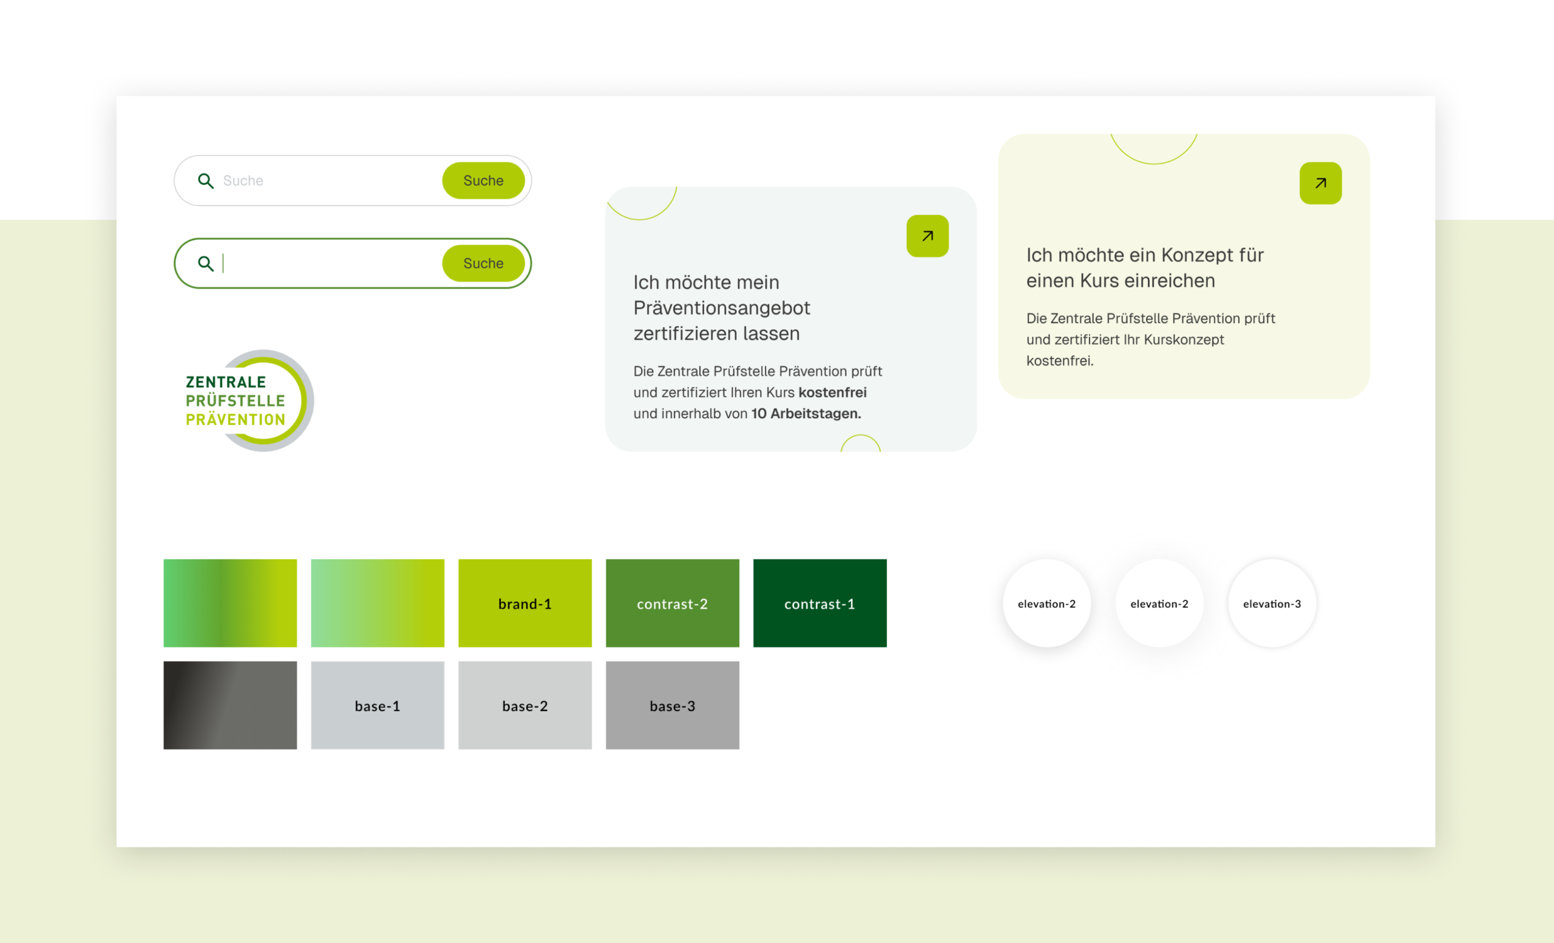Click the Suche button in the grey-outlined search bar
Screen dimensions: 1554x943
click(483, 180)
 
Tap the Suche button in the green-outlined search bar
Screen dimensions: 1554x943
click(483, 263)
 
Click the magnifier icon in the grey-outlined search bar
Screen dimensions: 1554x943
click(206, 181)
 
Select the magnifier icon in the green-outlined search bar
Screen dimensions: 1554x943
click(206, 264)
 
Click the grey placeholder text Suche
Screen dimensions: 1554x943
click(243, 180)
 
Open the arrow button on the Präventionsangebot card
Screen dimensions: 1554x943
click(927, 236)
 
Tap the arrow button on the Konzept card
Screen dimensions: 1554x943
click(1320, 183)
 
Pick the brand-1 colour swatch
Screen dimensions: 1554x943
click(524, 603)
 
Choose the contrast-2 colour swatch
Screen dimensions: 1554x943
click(673, 603)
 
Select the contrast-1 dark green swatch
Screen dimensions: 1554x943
click(820, 603)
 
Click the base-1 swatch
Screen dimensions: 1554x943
click(377, 705)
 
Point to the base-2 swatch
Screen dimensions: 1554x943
click(524, 705)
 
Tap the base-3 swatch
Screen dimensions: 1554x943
click(673, 705)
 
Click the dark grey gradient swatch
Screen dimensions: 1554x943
click(230, 705)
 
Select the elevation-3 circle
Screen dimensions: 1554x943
click(1272, 603)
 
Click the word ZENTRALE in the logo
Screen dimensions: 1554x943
click(226, 381)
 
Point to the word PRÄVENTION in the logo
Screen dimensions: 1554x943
click(236, 419)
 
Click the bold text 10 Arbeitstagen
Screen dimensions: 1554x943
click(806, 414)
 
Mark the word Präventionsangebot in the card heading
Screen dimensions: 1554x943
click(722, 308)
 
